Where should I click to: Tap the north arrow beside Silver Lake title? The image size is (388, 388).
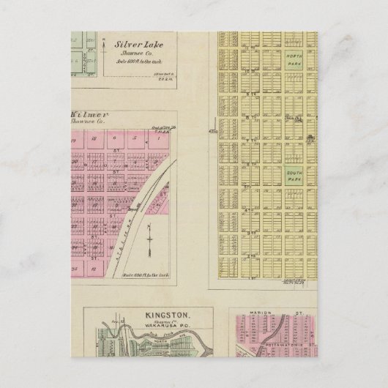click(105, 52)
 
